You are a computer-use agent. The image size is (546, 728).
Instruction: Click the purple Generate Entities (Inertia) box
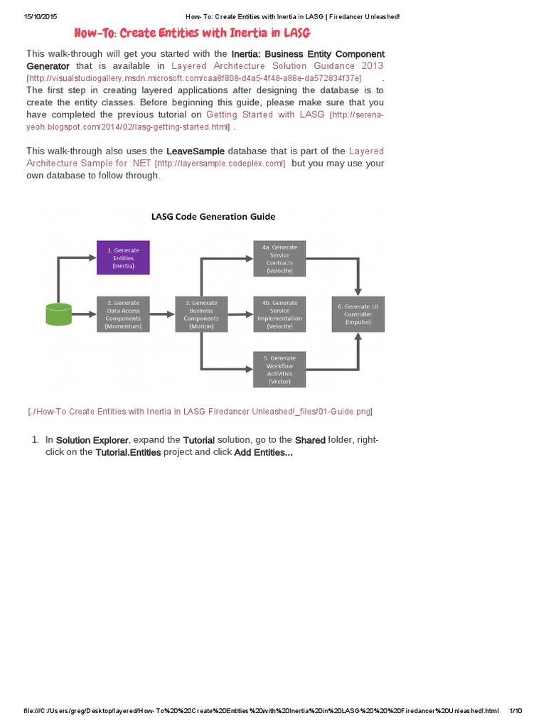(123, 257)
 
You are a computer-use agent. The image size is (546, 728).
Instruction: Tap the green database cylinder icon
(58, 315)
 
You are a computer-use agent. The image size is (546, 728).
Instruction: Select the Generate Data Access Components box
(123, 314)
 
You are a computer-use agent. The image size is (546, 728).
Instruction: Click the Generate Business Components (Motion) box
(201, 314)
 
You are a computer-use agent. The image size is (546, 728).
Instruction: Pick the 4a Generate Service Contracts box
(280, 258)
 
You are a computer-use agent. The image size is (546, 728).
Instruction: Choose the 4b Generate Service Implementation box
(280, 314)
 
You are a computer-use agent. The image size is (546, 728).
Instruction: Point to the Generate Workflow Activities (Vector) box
(280, 370)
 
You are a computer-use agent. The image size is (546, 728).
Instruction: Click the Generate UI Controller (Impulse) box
(358, 314)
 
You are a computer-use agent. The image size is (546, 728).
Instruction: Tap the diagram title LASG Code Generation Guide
(213, 217)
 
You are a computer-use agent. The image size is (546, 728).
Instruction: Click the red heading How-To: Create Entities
(193, 33)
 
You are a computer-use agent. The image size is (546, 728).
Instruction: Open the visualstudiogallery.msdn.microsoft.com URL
(194, 78)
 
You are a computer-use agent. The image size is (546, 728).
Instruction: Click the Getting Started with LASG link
(265, 114)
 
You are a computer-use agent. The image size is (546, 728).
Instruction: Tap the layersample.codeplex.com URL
(220, 164)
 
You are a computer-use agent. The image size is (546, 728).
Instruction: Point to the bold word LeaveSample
(196, 151)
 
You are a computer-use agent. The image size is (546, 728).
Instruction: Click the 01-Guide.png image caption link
(200, 412)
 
